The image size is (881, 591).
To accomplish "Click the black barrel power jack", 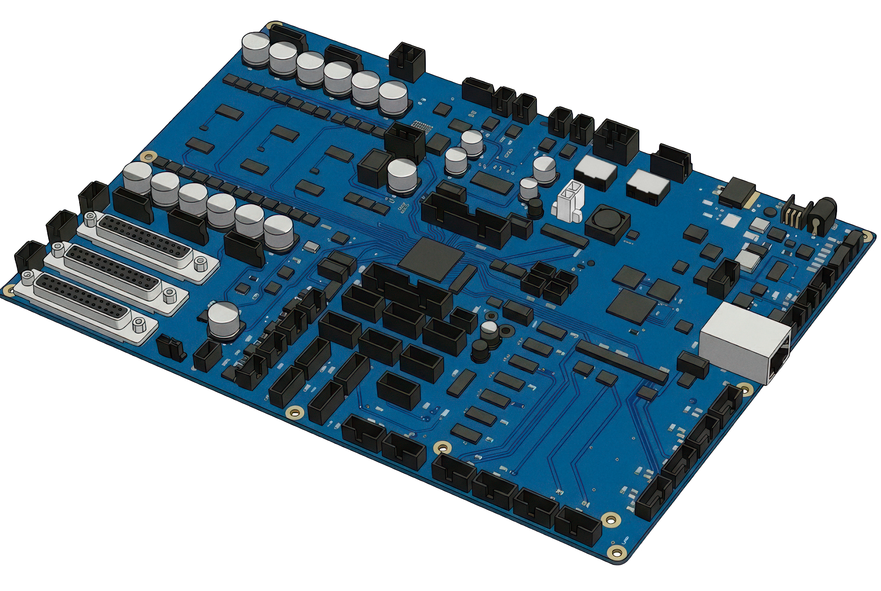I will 822,215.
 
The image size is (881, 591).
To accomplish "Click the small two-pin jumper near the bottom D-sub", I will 171,348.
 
